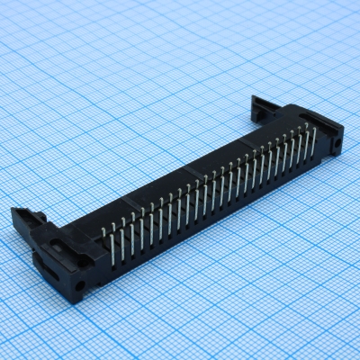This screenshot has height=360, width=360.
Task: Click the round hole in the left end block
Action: click(80, 285)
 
